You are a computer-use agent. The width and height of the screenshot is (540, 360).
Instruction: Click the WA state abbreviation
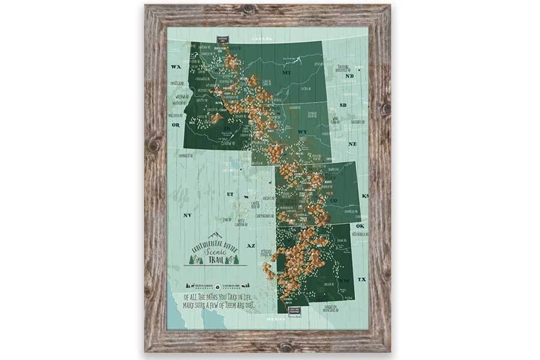click(176, 67)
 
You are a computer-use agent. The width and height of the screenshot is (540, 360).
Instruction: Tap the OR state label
click(176, 125)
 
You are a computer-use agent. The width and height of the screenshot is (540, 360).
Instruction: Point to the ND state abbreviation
click(350, 76)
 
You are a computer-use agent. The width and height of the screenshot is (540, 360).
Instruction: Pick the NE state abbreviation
click(353, 144)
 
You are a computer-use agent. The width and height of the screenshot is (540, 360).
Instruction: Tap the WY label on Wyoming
click(302, 131)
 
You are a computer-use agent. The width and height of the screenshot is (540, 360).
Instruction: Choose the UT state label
click(230, 194)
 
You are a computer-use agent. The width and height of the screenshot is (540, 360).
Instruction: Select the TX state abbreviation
click(362, 280)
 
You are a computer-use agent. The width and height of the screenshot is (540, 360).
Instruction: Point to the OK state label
click(361, 226)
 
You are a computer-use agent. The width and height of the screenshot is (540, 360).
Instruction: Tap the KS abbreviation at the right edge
click(365, 196)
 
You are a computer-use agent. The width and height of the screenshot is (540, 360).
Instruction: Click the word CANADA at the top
click(262, 38)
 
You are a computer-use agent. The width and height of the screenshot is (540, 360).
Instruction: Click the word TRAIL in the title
click(215, 260)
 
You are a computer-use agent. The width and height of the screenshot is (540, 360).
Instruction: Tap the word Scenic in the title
click(214, 252)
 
